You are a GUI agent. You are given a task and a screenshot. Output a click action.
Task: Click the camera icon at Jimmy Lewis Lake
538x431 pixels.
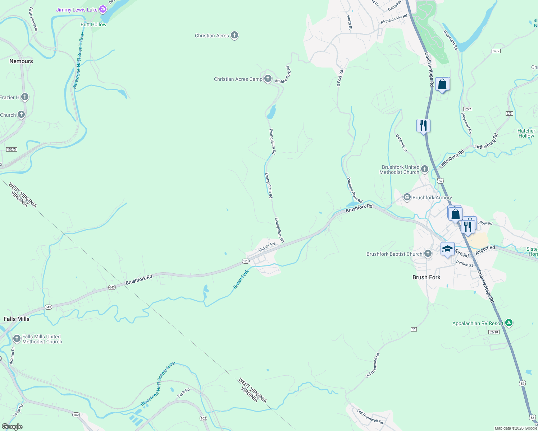click(x=103, y=9)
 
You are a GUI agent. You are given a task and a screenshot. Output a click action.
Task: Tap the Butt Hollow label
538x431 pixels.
click(x=94, y=24)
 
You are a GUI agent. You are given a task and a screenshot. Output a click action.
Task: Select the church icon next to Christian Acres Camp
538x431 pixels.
click(x=268, y=79)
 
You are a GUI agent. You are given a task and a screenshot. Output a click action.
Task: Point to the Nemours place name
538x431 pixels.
click(x=21, y=61)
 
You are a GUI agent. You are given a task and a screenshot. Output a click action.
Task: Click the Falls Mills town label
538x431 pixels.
click(x=17, y=319)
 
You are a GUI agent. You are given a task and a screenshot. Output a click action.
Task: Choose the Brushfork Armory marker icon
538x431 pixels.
click(x=407, y=197)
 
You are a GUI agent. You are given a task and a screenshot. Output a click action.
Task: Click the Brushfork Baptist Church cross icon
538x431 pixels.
click(x=428, y=254)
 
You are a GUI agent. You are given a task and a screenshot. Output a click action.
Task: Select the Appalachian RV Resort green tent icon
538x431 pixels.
click(x=509, y=323)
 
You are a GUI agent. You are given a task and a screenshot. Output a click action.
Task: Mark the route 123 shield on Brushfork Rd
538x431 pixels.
click(x=246, y=261)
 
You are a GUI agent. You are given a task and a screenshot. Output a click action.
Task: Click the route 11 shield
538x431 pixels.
click(x=414, y=329)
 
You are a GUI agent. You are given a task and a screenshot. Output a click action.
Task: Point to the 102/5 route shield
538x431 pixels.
click(x=12, y=149)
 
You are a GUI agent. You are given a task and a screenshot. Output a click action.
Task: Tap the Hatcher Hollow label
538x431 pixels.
click(x=526, y=133)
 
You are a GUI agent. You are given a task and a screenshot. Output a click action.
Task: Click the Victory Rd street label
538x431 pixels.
click(x=266, y=247)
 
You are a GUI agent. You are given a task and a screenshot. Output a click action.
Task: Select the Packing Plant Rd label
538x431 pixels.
click(x=355, y=190)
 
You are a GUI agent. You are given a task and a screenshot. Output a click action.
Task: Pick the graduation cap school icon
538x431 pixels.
click(x=447, y=249)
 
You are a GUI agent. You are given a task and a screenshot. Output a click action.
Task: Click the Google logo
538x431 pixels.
click(x=12, y=427)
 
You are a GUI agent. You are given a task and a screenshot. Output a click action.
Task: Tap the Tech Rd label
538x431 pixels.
click(x=183, y=393)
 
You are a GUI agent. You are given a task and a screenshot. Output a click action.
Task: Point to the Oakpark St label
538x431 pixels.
click(x=401, y=143)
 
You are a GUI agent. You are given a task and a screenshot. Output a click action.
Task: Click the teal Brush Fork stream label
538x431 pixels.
click(x=241, y=279)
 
